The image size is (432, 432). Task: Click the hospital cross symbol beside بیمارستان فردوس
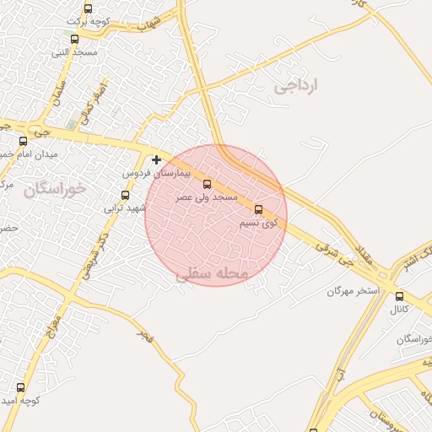pyautogui.click(x=156, y=159)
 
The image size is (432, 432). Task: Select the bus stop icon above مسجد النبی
pyautogui.click(x=74, y=39)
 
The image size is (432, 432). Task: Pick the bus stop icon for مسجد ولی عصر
pyautogui.click(x=208, y=184)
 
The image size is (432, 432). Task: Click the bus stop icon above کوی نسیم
pyautogui.click(x=258, y=209)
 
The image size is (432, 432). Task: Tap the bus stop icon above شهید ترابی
pyautogui.click(x=126, y=195)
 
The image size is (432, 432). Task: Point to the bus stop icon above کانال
pyautogui.click(x=399, y=296)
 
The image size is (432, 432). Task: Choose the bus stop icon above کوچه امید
pyautogui.click(x=21, y=387)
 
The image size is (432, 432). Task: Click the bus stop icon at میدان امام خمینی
pyautogui.click(x=23, y=141)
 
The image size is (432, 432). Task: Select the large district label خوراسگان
pyautogui.click(x=55, y=189)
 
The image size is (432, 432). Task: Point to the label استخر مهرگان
pyautogui.click(x=354, y=291)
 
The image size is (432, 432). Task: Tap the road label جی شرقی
pyautogui.click(x=334, y=252)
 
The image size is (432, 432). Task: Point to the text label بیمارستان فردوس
pyautogui.click(x=158, y=172)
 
